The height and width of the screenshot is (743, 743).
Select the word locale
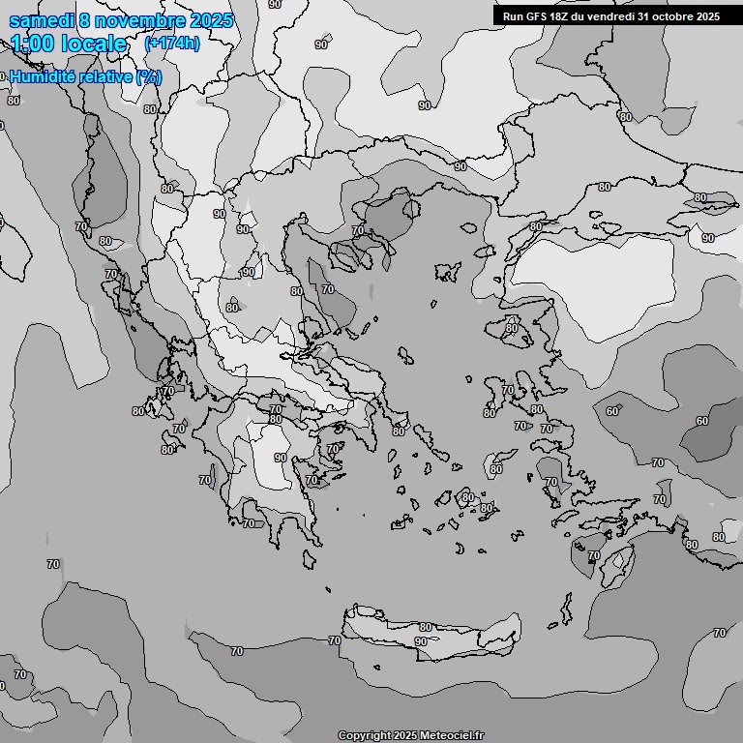click(94, 44)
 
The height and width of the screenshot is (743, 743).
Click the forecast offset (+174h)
click(171, 44)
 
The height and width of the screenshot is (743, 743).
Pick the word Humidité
click(42, 76)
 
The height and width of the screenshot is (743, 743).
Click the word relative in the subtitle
click(105, 76)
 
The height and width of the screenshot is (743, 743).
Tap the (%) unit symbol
click(149, 76)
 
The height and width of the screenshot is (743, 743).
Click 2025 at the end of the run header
click(707, 16)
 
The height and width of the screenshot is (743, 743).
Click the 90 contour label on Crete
click(420, 641)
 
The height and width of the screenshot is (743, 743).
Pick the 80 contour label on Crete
click(426, 628)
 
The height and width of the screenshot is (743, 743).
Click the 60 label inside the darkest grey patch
click(702, 421)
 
